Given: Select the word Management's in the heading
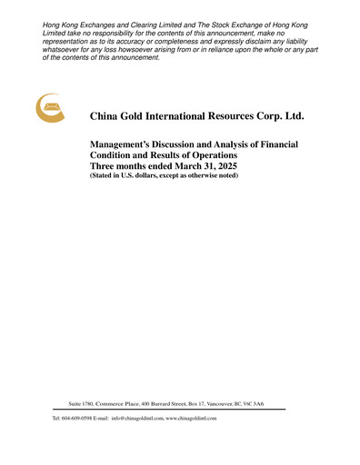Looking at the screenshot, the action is point(125,145).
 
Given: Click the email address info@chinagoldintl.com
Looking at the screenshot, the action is point(136,418).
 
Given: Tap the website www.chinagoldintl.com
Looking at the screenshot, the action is point(191,418).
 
